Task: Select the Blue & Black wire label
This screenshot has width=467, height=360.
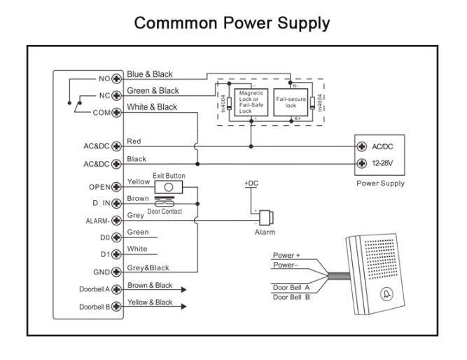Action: tap(150, 74)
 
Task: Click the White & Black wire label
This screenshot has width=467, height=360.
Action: tap(152, 107)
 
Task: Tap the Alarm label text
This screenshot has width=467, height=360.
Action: tap(266, 231)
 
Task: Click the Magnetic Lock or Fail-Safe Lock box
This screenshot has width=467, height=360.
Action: tap(251, 102)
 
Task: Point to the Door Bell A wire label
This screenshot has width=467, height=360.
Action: tap(290, 286)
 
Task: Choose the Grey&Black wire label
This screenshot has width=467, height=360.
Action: tap(149, 268)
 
